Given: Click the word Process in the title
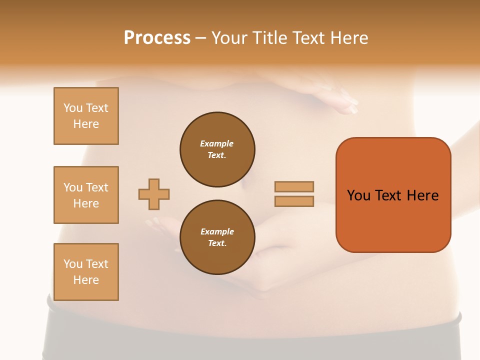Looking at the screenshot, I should (x=157, y=38).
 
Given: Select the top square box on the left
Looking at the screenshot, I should (x=86, y=116).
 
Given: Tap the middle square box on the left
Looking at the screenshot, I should (x=86, y=195).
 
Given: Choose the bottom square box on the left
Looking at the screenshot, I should (x=86, y=272).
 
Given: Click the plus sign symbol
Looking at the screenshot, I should (x=154, y=194).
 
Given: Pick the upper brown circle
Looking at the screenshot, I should (x=217, y=149).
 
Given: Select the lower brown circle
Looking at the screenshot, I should (x=217, y=237).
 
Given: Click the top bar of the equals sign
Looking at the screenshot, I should (x=294, y=187).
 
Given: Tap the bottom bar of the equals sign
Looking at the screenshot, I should (x=294, y=201).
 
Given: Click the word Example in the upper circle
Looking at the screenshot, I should (x=216, y=143).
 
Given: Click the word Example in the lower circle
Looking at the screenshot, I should (x=217, y=231).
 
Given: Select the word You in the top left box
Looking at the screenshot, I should (x=72, y=108).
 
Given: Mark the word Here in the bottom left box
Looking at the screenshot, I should (x=86, y=280).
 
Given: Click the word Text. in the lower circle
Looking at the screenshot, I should (x=217, y=243).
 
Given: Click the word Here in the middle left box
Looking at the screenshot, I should (x=86, y=203).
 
